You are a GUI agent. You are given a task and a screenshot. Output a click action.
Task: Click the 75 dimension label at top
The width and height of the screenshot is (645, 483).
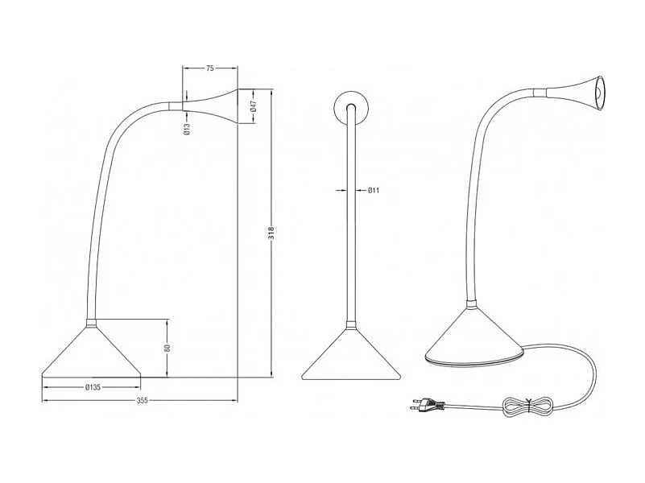(x=209, y=69)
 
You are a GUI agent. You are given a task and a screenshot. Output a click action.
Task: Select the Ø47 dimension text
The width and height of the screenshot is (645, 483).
(x=253, y=105)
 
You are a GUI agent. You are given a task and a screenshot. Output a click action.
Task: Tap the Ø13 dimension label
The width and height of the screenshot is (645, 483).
(x=187, y=127)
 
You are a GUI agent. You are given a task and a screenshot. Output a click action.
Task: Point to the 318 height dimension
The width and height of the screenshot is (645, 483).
(x=272, y=233)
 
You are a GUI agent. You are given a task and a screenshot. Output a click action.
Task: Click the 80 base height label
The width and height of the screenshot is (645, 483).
(x=167, y=348)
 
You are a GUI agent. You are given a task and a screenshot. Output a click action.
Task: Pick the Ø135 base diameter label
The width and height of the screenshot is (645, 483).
(x=93, y=387)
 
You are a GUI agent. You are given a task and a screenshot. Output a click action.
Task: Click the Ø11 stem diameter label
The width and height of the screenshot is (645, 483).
(x=374, y=191)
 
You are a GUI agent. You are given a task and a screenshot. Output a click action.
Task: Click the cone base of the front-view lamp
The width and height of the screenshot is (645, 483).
(x=351, y=357)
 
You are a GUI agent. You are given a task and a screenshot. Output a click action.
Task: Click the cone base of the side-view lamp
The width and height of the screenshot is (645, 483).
(x=91, y=354)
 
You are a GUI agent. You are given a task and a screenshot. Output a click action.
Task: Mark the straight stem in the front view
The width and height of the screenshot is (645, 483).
(x=351, y=225)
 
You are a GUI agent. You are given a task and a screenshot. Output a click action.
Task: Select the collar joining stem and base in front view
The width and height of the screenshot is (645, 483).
(x=351, y=325)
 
